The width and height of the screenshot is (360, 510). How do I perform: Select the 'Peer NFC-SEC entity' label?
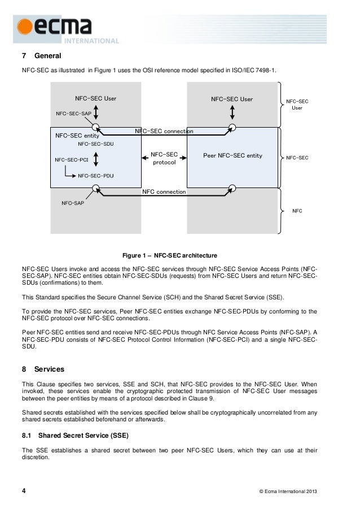232,155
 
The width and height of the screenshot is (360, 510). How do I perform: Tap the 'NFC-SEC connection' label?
164,131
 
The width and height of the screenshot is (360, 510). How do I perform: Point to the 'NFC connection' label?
164,192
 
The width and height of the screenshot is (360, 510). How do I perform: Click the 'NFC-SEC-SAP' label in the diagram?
74,114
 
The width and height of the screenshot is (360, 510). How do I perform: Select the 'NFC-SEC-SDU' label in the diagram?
95,145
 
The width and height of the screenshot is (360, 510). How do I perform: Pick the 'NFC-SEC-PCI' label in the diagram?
72,160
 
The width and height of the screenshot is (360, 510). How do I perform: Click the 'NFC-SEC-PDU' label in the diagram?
95,176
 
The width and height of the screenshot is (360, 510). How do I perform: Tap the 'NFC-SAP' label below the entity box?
73,203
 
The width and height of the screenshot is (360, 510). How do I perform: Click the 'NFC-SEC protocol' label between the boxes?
164,158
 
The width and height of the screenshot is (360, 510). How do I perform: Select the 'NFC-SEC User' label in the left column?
95,98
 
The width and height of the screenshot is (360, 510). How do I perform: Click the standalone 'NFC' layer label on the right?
297,211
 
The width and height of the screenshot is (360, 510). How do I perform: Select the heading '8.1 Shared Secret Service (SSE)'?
78,435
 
